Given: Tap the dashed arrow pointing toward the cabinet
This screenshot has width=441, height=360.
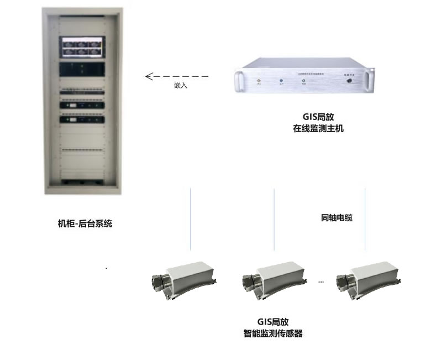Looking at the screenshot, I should (x=177, y=76).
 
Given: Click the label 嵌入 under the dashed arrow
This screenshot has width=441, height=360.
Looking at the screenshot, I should (x=181, y=86).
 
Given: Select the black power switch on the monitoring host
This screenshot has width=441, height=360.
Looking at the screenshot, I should (x=349, y=81).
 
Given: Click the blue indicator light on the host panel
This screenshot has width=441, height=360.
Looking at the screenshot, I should (x=281, y=81).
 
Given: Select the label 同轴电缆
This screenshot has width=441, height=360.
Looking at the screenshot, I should (x=337, y=218).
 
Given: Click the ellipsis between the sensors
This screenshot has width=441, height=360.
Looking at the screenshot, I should (x=321, y=283).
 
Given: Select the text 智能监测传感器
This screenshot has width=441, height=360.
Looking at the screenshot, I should (x=273, y=333).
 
